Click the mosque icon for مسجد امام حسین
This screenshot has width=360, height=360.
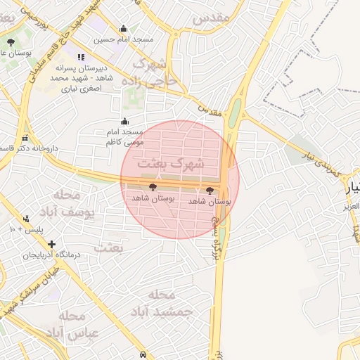pyautogui.click(x=124, y=29)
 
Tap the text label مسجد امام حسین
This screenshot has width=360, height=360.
pyautogui.click(x=124, y=40)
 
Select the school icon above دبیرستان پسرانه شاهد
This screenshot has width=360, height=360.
pyautogui.click(x=82, y=58)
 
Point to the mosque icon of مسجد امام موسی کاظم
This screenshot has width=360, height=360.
pyautogui.click(x=125, y=121)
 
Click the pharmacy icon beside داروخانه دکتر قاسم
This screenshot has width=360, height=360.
pyautogui.click(x=26, y=139)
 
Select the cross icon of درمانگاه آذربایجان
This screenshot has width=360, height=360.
pyautogui.click(x=51, y=243)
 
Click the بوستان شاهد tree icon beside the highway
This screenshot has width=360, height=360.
pyautogui.click(x=210, y=191)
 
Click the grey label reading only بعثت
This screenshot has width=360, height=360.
pyautogui.click(x=108, y=247)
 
